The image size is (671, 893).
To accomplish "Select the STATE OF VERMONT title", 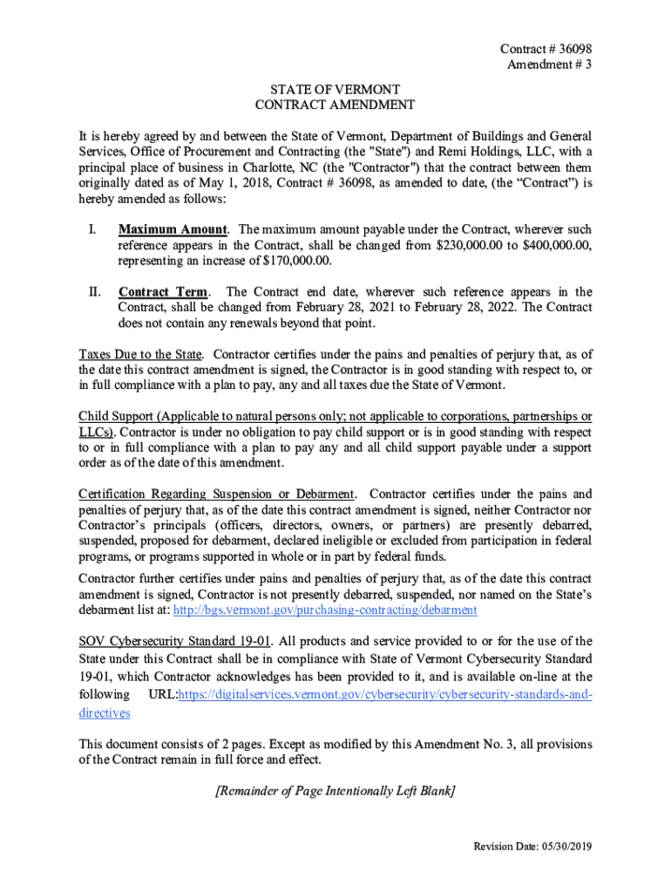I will click(x=335, y=90).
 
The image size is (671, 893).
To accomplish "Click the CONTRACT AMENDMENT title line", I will click(x=335, y=106).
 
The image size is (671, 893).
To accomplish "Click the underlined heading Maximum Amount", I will click(x=173, y=229).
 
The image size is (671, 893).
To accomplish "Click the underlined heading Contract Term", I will click(x=163, y=292).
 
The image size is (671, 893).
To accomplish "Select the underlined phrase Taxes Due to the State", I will click(x=141, y=355).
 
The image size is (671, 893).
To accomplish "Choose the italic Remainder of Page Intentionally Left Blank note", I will click(x=335, y=791).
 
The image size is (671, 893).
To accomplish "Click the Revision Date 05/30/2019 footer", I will click(x=532, y=847).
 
